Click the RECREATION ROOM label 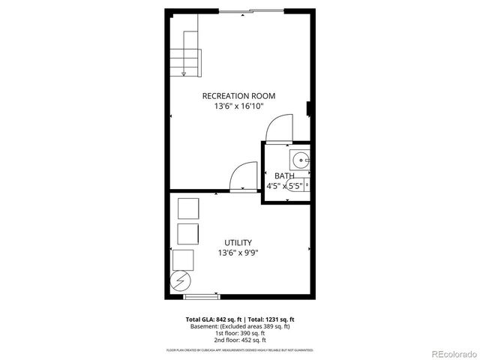pyautogui.click(x=238, y=95)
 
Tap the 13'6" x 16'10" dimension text pyautogui.click(x=238, y=106)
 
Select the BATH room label pyautogui.click(x=283, y=176)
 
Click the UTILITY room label pyautogui.click(x=238, y=242)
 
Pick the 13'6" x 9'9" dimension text pyautogui.click(x=238, y=253)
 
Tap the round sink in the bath pyautogui.click(x=300, y=158)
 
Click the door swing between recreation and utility pyautogui.click(x=242, y=178)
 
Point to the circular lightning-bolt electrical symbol pyautogui.click(x=181, y=283)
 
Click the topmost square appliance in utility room pyautogui.click(x=187, y=208)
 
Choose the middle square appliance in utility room pyautogui.click(x=187, y=232)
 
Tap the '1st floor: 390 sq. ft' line pyautogui.click(x=240, y=333)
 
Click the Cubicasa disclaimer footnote pyautogui.click(x=240, y=350)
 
